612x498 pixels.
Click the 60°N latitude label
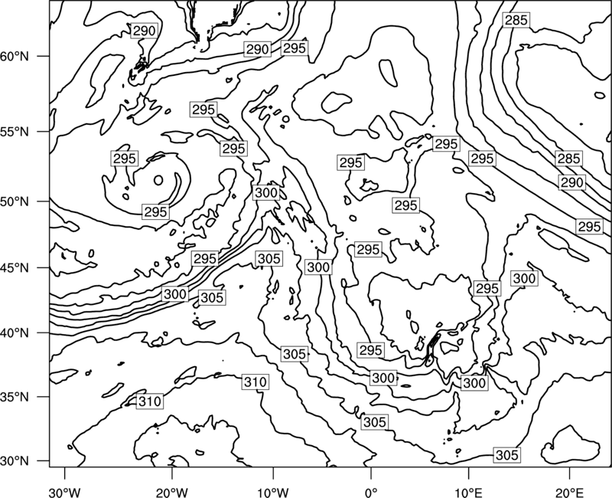15,56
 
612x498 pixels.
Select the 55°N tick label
15,132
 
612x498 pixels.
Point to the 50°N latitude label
15,201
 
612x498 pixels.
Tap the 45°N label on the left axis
15,267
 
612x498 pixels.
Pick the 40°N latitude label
15,333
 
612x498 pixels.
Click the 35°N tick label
15,397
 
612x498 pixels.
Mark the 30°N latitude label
15,461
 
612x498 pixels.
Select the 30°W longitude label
65,492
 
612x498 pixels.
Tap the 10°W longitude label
272,492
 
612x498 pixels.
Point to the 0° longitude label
371,492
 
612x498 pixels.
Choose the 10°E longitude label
468,492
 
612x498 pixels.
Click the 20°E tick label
569,492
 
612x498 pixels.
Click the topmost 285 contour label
516,20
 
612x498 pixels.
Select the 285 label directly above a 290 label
568,159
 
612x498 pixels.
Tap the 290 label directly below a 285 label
571,182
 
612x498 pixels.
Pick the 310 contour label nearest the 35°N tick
150,401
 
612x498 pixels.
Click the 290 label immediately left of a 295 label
258,49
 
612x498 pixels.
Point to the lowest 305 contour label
506,454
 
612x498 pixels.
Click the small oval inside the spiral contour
158,180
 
